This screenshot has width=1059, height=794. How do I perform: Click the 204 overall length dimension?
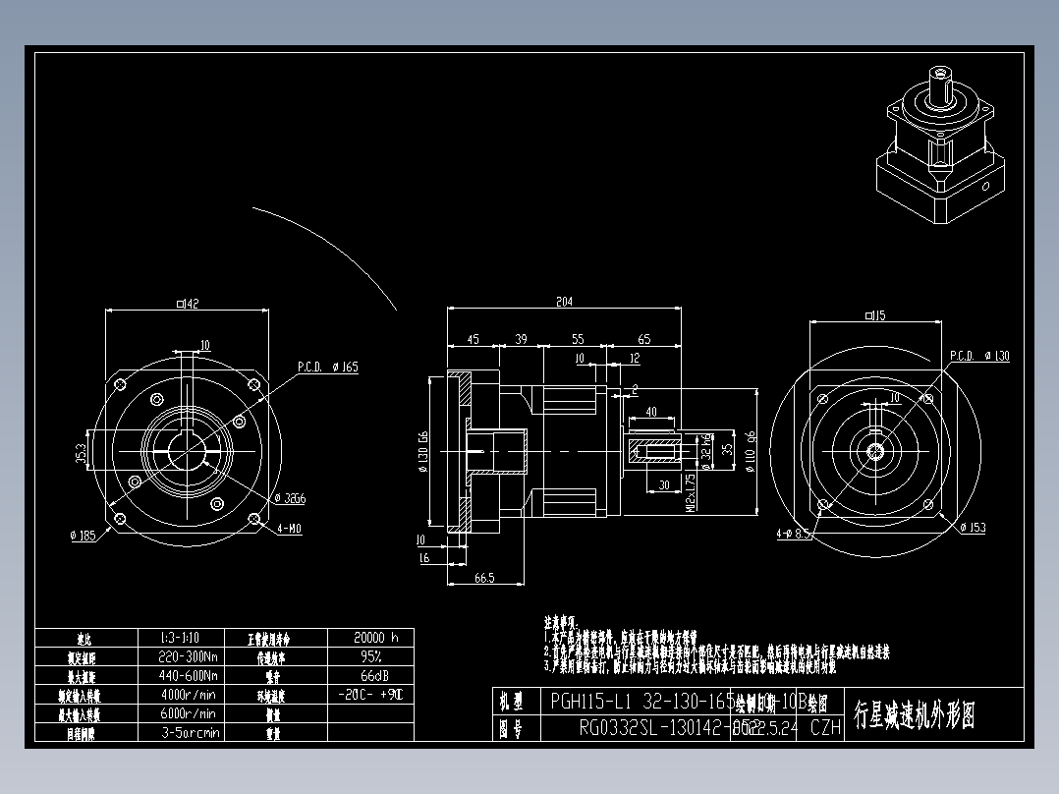(x=564, y=303)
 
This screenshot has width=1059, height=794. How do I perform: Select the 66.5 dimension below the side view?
(x=483, y=578)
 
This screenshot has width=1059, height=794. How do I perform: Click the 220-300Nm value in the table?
(x=189, y=656)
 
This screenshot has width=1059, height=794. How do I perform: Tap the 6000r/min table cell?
(x=189, y=713)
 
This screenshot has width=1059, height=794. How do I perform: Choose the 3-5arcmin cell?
(x=189, y=732)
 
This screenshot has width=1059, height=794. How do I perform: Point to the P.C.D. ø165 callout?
(x=328, y=367)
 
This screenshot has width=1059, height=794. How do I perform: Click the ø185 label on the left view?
(x=83, y=536)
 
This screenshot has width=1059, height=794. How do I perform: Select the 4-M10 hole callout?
(x=289, y=528)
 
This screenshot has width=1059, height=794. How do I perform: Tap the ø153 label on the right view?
(x=971, y=528)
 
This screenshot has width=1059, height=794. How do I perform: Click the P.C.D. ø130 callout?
(x=978, y=356)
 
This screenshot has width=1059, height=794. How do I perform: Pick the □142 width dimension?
(x=187, y=305)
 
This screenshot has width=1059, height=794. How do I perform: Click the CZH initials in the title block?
(x=826, y=727)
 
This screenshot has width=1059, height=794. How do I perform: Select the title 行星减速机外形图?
(x=914, y=714)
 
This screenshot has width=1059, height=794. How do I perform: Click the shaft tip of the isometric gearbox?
(x=943, y=72)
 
